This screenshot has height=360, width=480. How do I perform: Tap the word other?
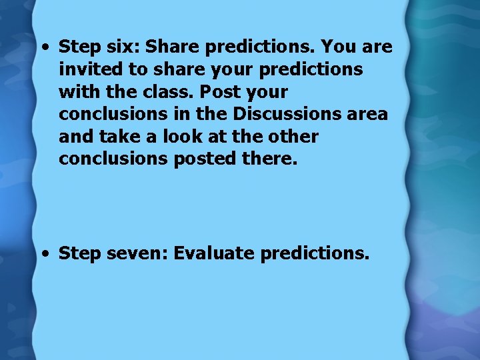tap(294, 136)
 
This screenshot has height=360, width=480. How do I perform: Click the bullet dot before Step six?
tap(44, 47)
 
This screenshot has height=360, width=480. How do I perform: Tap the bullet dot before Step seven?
tap(44, 254)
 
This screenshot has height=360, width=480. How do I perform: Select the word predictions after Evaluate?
tap(315, 254)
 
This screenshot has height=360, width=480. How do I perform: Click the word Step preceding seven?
tap(78, 254)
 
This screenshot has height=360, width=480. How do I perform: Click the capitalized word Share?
tap(173, 47)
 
